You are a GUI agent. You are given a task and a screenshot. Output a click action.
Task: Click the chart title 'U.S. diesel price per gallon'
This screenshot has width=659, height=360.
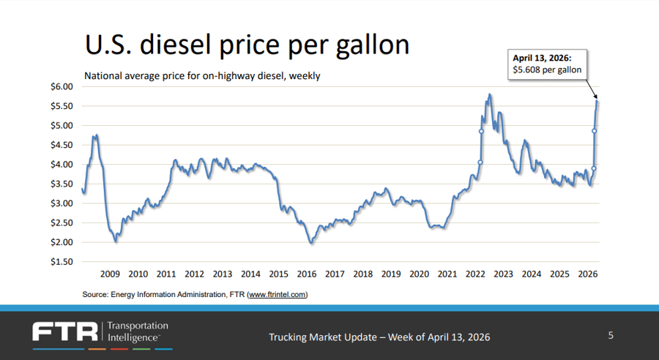(247, 45)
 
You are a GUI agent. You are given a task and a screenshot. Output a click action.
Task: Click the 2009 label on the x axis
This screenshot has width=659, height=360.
(110, 274)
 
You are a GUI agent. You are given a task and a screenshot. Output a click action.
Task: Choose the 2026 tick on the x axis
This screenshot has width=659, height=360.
(587, 274)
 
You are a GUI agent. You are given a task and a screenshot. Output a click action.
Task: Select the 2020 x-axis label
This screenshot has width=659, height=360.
(419, 274)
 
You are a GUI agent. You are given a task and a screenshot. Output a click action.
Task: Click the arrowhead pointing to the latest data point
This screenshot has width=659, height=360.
(597, 97)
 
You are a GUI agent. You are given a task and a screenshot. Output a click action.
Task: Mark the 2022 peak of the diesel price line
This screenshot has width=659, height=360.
(488, 94)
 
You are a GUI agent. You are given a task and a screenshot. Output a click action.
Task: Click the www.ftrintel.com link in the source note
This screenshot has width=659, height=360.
(278, 294)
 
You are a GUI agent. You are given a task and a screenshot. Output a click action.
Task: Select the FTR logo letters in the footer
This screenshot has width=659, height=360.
(65, 331)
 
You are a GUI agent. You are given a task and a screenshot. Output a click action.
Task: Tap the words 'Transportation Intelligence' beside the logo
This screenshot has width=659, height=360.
(138, 331)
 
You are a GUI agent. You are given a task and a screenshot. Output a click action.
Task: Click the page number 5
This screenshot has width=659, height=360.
(611, 336)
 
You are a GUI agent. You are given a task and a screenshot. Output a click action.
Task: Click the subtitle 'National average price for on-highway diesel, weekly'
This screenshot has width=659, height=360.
(202, 75)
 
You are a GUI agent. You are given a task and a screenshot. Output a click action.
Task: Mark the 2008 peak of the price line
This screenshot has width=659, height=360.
(95, 135)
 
